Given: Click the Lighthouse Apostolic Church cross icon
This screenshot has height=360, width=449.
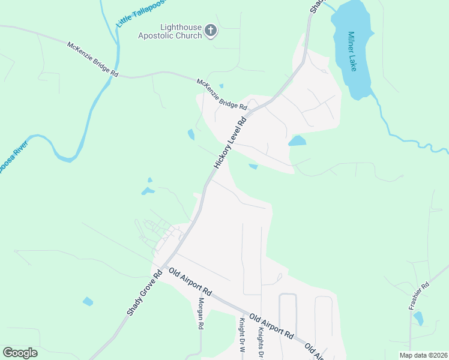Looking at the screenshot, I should coord(211,31).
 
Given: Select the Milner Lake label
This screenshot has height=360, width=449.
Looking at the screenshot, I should coord(351,53).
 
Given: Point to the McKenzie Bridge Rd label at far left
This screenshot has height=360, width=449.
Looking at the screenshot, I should coord(93,58).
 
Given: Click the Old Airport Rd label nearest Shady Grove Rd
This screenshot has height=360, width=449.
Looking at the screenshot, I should coord(190,282).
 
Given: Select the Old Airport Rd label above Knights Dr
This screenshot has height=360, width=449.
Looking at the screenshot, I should coord(271,326).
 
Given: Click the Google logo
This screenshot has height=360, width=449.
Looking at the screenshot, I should coord(20,353).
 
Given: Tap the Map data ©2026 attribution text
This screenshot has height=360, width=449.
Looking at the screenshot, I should coord(423,355).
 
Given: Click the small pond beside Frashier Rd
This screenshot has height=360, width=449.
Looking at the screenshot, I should coord(418,319).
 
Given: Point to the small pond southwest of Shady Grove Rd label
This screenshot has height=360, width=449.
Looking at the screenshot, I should coord(88,301).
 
